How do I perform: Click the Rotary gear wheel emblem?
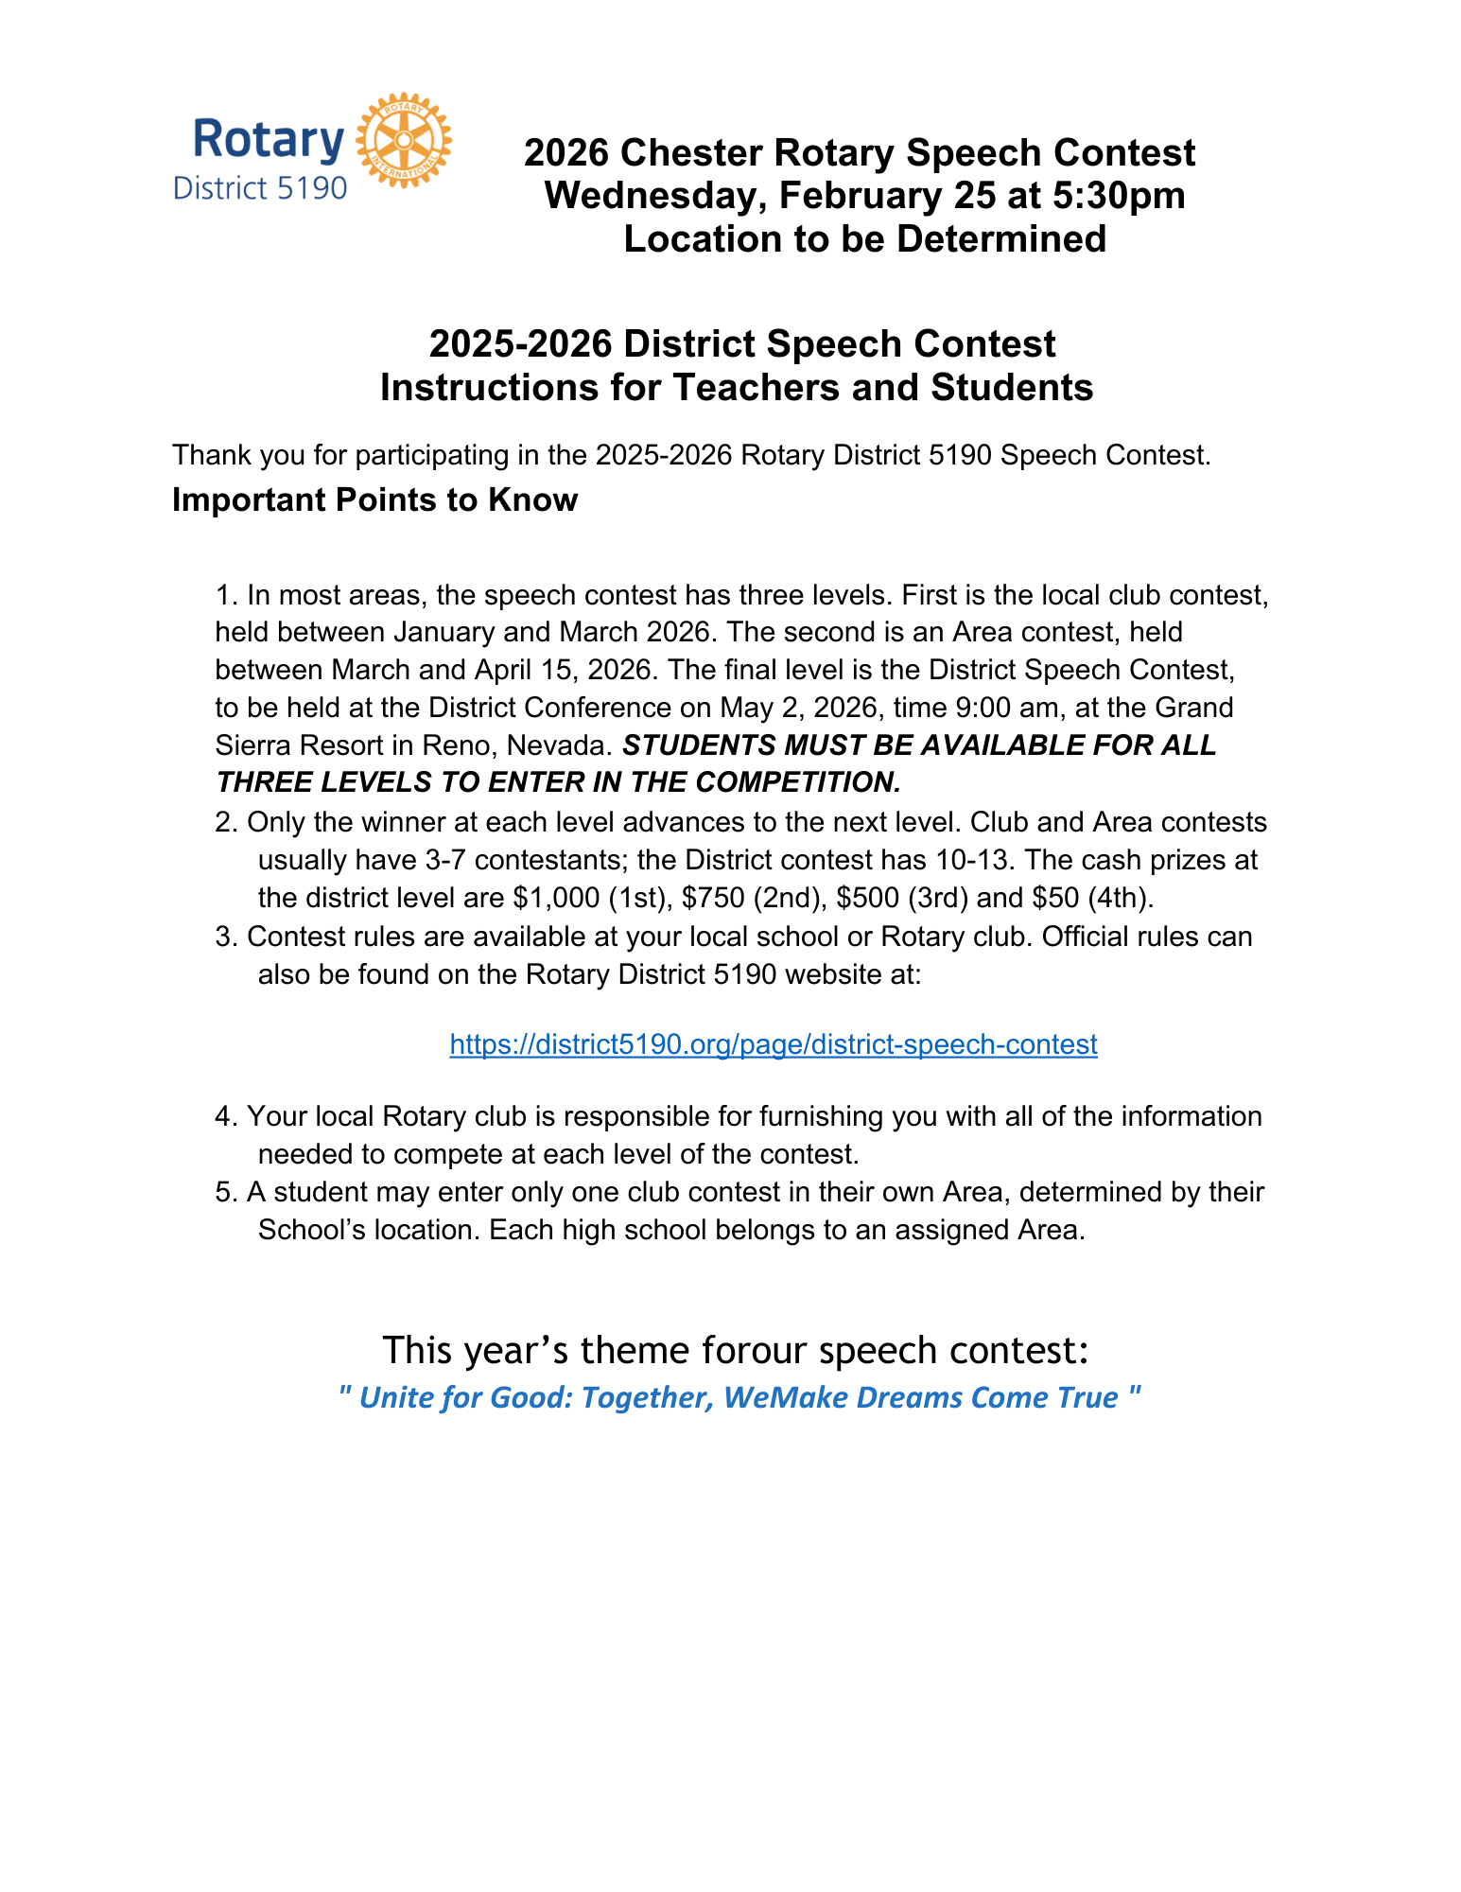pyautogui.click(x=403, y=140)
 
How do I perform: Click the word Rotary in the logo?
pyautogui.click(x=269, y=140)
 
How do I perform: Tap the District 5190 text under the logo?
pyautogui.click(x=260, y=187)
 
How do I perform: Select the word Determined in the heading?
pyautogui.click(x=1001, y=238)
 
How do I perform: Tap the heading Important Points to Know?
pyautogui.click(x=374, y=499)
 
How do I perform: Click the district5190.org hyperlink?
pyautogui.click(x=773, y=1044)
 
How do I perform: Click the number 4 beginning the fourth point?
pyautogui.click(x=223, y=1116)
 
